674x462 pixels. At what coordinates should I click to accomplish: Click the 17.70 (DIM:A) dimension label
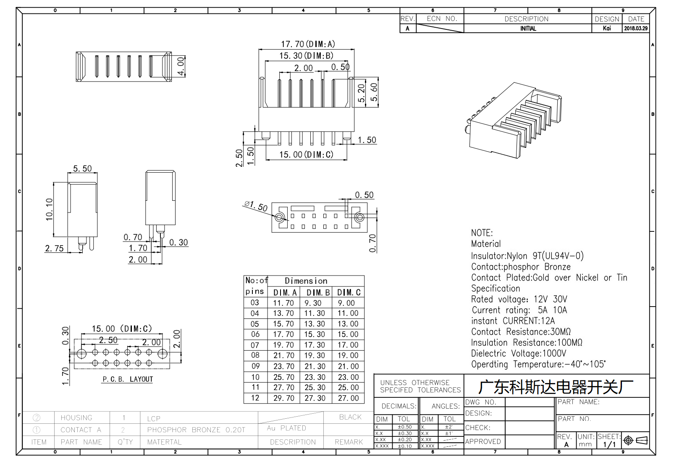308,44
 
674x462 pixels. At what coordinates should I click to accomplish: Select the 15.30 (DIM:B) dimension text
306,56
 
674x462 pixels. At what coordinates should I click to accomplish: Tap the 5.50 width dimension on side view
82,168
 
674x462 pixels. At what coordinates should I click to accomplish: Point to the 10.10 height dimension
49,209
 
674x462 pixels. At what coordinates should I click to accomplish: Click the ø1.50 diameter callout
256,206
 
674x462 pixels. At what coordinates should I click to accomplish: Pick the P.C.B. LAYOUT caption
128,379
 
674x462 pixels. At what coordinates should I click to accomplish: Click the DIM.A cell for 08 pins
284,355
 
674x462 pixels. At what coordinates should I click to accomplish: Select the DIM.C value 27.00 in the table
348,398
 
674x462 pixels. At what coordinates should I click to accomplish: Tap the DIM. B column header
318,292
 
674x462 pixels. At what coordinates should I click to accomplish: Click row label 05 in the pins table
255,324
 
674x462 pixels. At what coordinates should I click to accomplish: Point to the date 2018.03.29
636,28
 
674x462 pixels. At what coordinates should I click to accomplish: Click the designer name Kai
607,28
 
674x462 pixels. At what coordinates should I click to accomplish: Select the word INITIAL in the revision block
528,29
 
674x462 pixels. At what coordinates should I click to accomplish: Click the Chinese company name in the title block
556,387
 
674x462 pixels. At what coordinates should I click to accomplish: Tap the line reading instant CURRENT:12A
513,321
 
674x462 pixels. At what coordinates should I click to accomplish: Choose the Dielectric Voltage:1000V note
519,353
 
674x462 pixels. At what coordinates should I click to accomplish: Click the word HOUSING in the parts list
76,418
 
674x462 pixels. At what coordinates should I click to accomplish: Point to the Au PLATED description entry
286,428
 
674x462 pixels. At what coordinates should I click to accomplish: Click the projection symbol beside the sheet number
635,441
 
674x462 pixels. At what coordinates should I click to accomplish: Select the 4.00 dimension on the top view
181,66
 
